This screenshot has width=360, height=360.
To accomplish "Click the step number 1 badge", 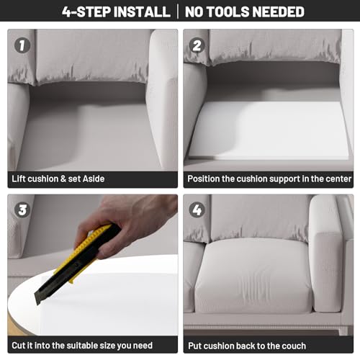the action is tap(22, 45).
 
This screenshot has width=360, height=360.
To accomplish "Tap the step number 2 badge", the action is tap(197, 45).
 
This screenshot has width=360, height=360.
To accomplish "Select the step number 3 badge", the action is tap(22, 210).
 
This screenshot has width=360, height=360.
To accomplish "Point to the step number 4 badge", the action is tap(197, 210).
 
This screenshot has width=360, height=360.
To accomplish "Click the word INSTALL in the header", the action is tap(142, 12).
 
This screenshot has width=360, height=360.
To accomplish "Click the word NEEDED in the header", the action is tap(276, 12).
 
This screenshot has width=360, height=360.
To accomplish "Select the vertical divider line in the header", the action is tap(178, 12).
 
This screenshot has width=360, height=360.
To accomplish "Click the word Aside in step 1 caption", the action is tap(94, 179).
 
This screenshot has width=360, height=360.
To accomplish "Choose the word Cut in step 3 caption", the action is tap(18, 346).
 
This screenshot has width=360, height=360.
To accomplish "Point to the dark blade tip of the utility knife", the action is tap(37, 302).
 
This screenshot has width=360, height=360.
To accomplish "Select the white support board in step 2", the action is tap(269, 130).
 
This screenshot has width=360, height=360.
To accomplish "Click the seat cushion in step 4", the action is tap(253, 276).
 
